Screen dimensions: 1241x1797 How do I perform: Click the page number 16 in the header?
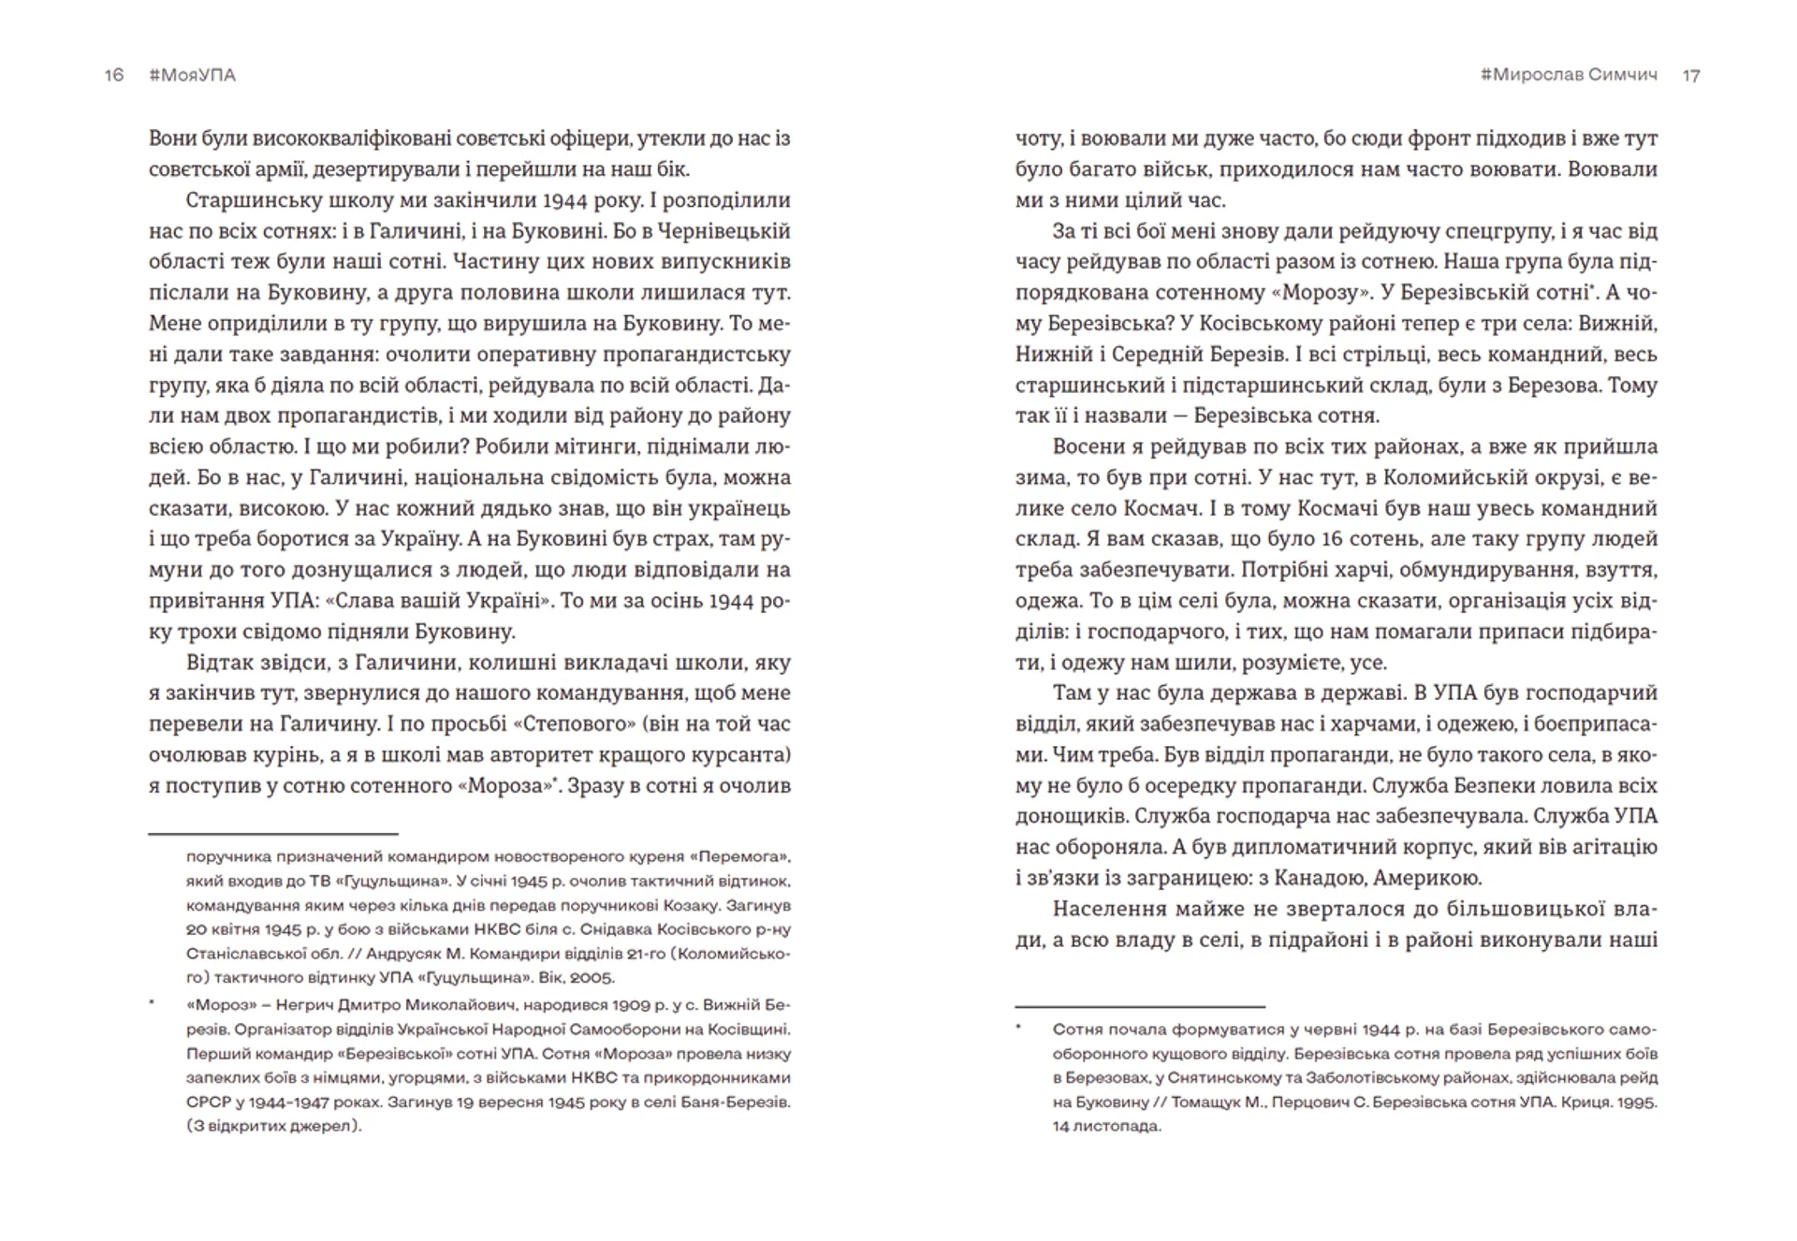pyautogui.click(x=114, y=75)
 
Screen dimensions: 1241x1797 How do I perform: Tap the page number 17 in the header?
pyautogui.click(x=1691, y=76)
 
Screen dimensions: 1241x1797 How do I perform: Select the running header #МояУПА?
pyautogui.click(x=192, y=75)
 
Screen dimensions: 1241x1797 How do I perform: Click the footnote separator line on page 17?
pyautogui.click(x=1140, y=1006)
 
